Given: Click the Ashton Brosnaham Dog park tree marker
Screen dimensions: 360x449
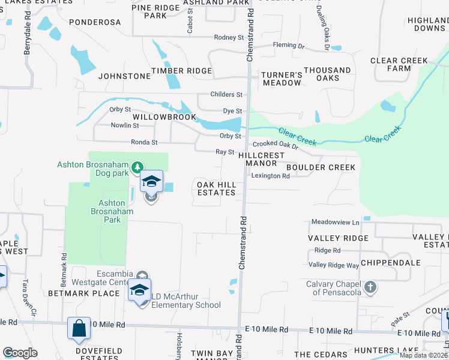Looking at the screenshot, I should [137, 166].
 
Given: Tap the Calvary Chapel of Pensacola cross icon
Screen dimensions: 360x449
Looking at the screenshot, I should [370, 287].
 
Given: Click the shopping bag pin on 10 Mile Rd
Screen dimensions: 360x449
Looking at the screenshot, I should [79, 328].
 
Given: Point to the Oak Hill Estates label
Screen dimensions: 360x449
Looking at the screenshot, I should [217, 188].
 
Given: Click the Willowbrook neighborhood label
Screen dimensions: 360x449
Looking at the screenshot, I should [164, 117].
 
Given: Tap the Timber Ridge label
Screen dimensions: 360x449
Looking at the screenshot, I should [182, 71].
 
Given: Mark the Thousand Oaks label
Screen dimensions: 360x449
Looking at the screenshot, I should [327, 74].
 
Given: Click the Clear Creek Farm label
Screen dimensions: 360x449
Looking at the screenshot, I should [399, 64].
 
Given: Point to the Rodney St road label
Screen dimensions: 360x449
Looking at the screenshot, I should [229, 37].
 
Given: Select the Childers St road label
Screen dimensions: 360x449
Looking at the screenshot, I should [226, 94].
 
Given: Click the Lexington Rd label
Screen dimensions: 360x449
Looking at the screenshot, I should [270, 176].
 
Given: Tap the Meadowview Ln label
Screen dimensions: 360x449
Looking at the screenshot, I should [335, 222].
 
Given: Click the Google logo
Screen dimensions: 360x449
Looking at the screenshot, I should [20, 353].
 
